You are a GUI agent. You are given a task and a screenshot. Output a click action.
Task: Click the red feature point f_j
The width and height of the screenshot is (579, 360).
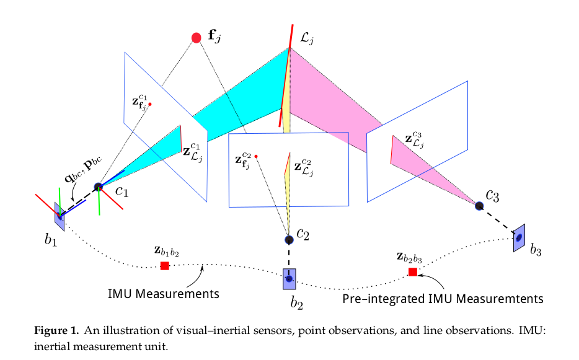pos(197,38)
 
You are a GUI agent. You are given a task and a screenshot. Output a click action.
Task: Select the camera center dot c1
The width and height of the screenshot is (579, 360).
pos(98,187)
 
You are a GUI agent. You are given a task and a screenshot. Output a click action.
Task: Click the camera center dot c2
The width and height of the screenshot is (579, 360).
pos(289,239)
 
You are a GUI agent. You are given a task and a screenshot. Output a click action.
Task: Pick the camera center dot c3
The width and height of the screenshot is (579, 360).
pos(479,205)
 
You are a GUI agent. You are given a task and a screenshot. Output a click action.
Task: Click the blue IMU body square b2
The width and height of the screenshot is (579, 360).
pos(289,279)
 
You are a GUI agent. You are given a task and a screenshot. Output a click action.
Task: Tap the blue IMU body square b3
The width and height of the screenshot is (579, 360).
pos(519,237)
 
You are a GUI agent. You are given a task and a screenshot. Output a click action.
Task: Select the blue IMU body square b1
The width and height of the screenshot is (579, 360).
pos(59,214)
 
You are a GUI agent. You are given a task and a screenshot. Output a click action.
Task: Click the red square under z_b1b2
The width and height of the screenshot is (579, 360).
pos(165,265)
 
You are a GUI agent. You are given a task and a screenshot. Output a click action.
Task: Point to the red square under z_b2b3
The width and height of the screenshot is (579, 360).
pos(413,271)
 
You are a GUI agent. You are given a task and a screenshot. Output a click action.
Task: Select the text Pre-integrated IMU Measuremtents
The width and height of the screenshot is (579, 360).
pos(443,299)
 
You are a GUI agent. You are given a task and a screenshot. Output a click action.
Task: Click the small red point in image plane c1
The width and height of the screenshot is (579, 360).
pos(150,104)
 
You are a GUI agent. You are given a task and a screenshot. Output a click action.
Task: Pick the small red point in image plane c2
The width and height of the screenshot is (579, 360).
pos(256,156)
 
